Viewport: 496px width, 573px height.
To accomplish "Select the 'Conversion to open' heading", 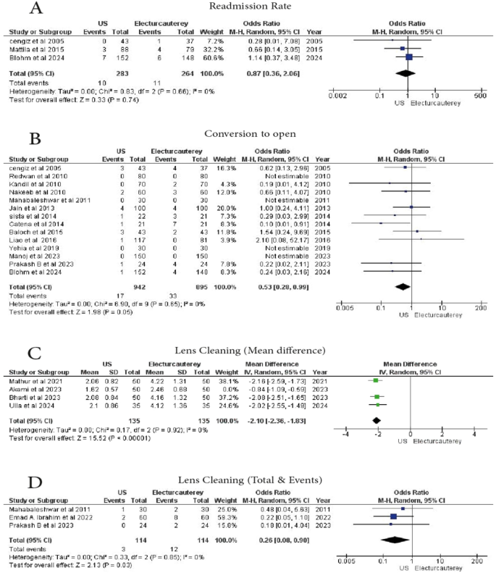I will pos(248,134).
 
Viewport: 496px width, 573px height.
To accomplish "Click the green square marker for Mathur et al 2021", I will pos(375,379).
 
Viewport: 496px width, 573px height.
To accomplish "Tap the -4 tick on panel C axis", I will pos(345,434).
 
